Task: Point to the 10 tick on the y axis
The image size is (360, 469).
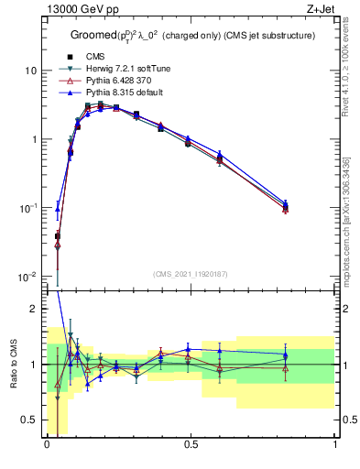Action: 31,71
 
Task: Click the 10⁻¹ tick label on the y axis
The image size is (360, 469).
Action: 27,208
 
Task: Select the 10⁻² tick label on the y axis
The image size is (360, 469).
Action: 27,277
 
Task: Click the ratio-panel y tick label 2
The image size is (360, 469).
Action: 33,310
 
